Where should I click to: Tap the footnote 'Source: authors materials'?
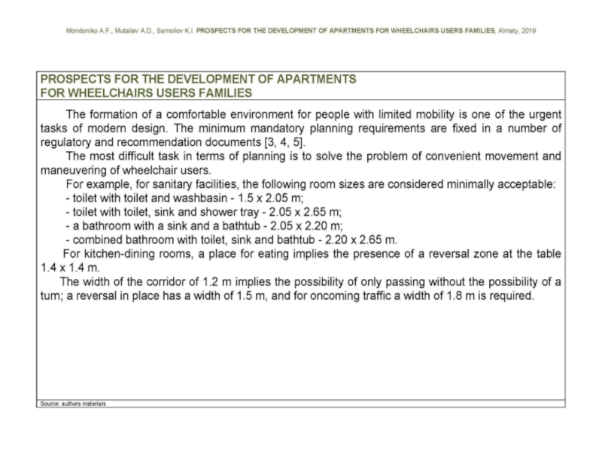pos(73,404)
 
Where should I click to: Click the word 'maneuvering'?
pos(72,171)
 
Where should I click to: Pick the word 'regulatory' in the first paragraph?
pos(68,143)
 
